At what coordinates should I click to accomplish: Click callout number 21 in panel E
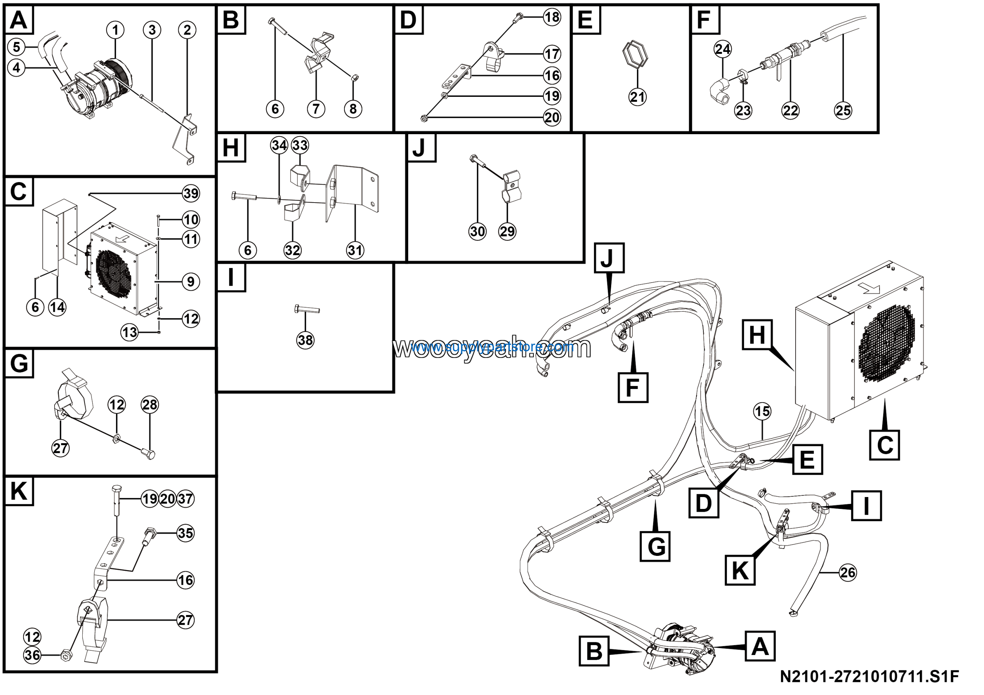(x=637, y=97)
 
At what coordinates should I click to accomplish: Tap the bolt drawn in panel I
(x=307, y=309)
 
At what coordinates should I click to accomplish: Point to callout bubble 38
(x=305, y=340)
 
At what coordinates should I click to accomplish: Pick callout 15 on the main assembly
(x=762, y=411)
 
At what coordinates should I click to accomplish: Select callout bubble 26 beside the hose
(x=847, y=572)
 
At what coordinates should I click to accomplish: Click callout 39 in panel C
(x=191, y=194)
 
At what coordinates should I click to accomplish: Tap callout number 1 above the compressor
(x=115, y=30)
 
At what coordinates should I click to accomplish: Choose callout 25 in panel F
(x=843, y=111)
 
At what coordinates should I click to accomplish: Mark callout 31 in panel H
(x=355, y=250)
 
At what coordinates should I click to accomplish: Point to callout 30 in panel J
(x=477, y=232)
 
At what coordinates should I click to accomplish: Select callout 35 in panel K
(x=185, y=533)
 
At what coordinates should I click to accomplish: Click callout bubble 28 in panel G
(x=150, y=404)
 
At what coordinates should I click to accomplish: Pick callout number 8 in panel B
(x=353, y=109)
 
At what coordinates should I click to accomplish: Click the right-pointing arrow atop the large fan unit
(x=871, y=290)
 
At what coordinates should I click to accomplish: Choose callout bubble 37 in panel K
(x=185, y=499)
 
